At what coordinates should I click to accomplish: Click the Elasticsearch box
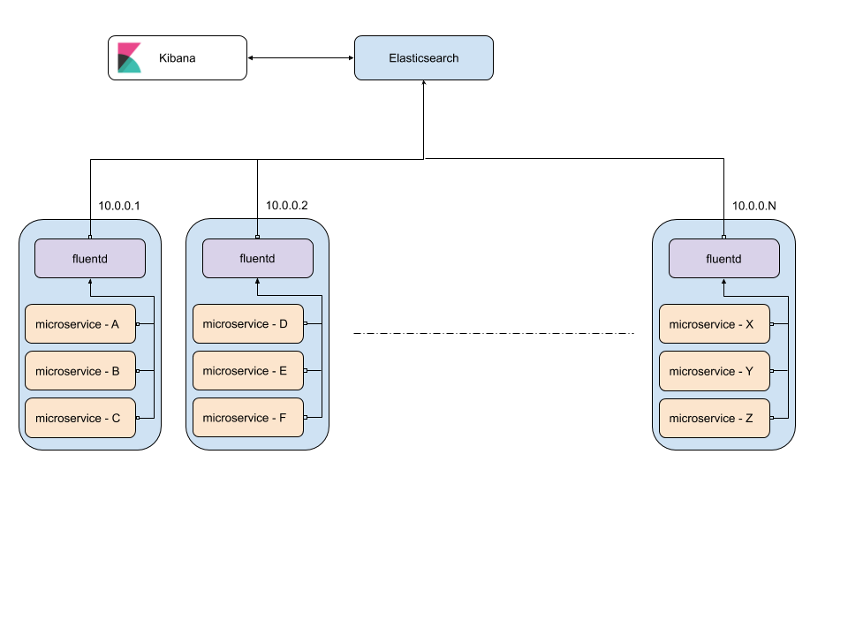coord(423,58)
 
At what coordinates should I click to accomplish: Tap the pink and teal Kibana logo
coord(130,58)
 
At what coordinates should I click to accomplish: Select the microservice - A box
coord(79,324)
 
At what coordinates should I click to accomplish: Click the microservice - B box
coord(79,371)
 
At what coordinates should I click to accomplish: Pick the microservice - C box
coord(79,418)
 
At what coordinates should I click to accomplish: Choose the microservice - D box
coord(247,324)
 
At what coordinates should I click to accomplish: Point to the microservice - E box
coord(247,371)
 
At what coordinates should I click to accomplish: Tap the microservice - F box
coord(247,418)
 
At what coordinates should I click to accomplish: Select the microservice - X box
coord(714,324)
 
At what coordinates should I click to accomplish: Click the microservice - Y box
coord(714,371)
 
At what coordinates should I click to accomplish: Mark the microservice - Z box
coord(714,418)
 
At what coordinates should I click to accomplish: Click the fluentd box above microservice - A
coord(89,259)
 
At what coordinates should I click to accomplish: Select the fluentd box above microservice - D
coord(257,259)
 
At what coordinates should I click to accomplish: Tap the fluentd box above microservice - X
coord(723,259)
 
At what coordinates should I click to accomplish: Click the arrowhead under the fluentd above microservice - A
coord(90,282)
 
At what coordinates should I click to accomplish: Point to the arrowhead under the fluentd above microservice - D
coord(258,282)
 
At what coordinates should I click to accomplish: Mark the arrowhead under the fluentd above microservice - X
coord(724,282)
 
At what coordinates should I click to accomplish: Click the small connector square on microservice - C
coord(138,418)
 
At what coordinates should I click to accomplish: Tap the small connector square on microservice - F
coord(306,418)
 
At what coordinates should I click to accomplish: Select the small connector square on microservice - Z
coord(772,418)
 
